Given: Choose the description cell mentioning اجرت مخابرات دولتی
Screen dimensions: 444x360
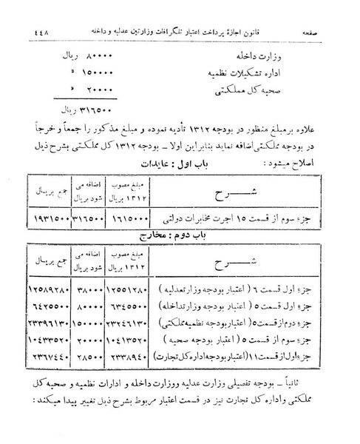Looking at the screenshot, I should pos(240,221).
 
